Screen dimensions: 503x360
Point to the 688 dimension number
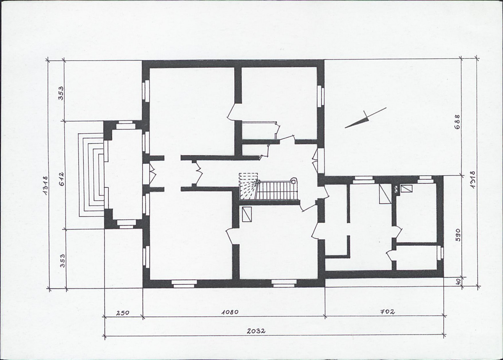click(458, 122)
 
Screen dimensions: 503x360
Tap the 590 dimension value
click(458, 234)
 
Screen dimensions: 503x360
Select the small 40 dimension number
click(458, 281)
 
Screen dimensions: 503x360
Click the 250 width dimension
click(122, 312)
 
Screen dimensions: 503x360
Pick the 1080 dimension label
click(230, 312)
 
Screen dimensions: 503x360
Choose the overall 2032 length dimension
click(256, 331)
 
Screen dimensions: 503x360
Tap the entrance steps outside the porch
click(91, 175)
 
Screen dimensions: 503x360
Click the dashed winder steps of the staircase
click(248, 187)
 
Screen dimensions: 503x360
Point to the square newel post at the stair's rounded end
click(293, 181)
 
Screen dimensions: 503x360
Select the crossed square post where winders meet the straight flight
click(257, 181)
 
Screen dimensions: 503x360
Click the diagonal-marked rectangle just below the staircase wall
click(247, 215)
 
